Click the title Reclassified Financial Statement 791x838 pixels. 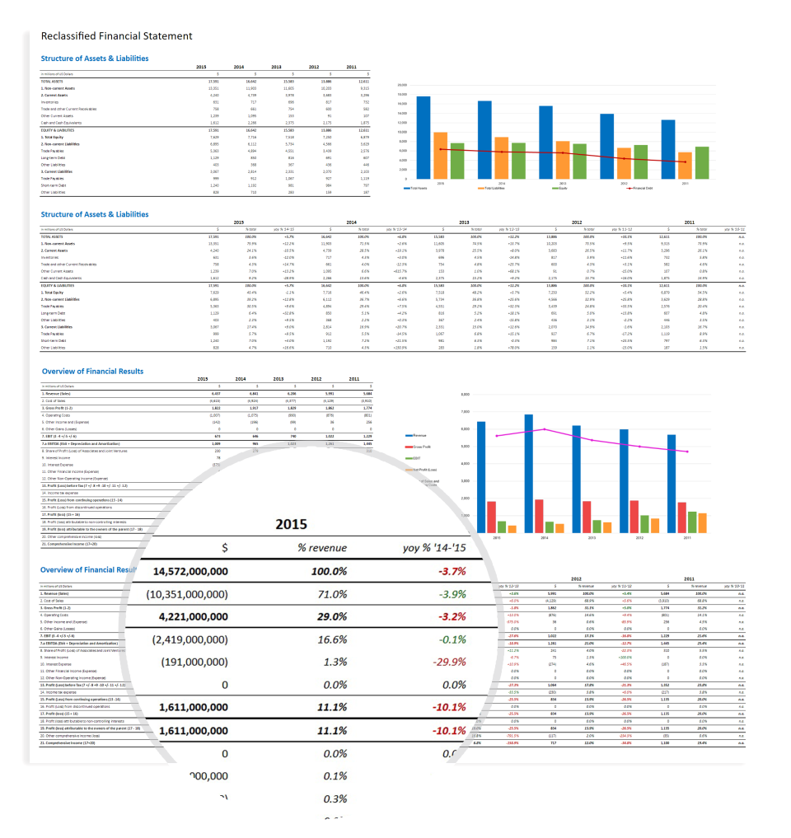pos(116,35)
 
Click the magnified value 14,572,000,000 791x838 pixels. pos(203,570)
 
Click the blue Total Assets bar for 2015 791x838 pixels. pos(424,138)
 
